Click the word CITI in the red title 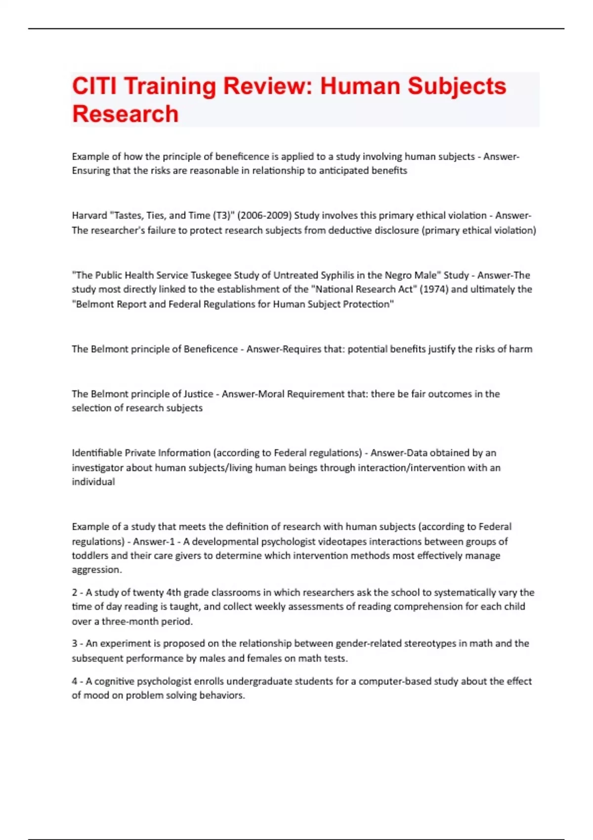pyautogui.click(x=94, y=86)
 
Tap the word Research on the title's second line pyautogui.click(x=126, y=114)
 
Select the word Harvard pyautogui.click(x=89, y=215)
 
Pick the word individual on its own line pyautogui.click(x=93, y=482)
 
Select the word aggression pyautogui.click(x=96, y=570)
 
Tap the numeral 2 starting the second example pyautogui.click(x=75, y=592)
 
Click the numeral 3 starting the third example pyautogui.click(x=75, y=643)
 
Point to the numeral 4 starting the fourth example pyautogui.click(x=75, y=681)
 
